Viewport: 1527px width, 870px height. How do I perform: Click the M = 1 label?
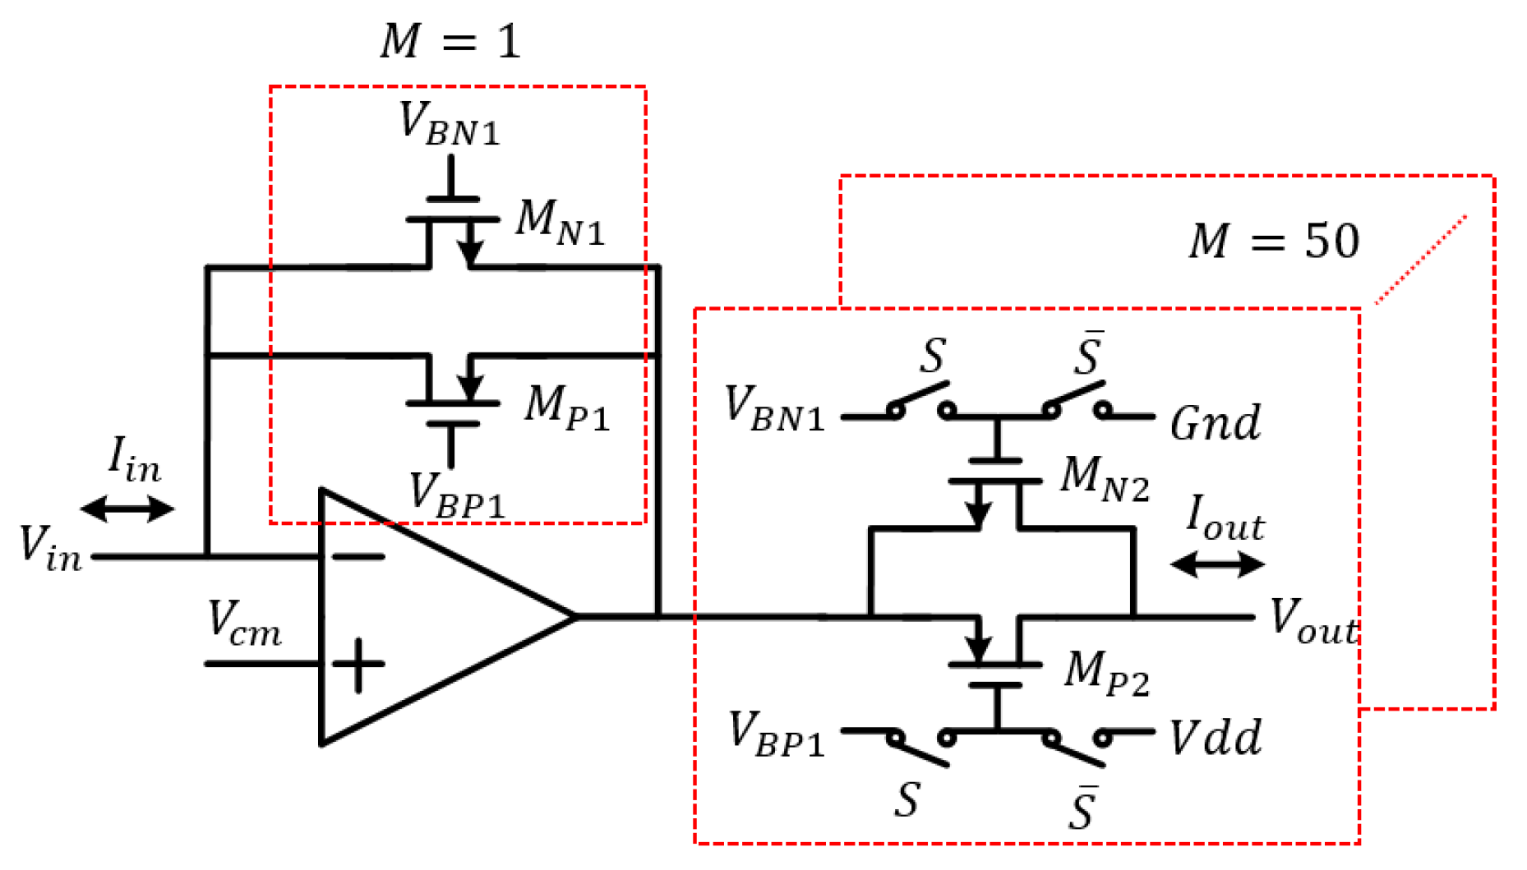pos(450,41)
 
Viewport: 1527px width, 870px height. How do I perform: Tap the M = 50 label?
pos(1273,242)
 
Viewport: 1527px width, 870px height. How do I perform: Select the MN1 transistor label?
pos(560,223)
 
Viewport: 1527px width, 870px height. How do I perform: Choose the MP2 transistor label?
pos(1106,674)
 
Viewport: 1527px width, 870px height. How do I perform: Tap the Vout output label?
pos(1313,620)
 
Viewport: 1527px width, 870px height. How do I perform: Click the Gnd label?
pos(1215,423)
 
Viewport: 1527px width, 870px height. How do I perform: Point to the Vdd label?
pos(1215,737)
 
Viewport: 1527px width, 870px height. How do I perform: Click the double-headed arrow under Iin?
pos(127,509)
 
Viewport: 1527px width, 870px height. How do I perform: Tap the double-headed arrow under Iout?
pos(1217,564)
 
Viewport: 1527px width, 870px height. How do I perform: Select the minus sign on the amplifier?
pos(358,557)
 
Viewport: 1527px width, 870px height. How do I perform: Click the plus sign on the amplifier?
pos(358,664)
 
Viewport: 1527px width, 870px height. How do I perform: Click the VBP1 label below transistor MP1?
pos(456,496)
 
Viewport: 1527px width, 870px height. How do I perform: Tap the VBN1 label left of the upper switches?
pos(773,408)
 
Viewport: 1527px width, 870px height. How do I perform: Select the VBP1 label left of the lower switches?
pos(776,734)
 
